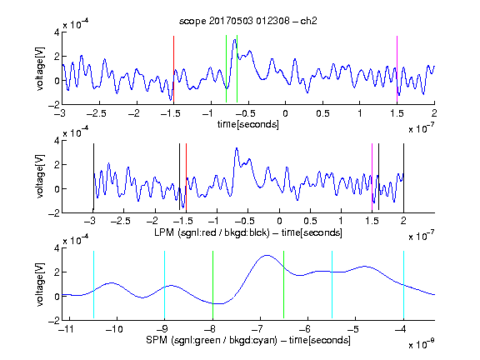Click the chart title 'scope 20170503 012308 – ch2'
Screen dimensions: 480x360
[x=248, y=21]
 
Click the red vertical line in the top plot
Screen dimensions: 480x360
[x=173, y=69]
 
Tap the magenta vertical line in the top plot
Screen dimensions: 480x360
[x=397, y=69]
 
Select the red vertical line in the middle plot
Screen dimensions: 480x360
[x=186, y=177]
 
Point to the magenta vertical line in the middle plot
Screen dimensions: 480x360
[x=372, y=177]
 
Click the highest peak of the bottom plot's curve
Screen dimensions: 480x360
[x=267, y=255]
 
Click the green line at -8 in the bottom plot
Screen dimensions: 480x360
[x=212, y=285]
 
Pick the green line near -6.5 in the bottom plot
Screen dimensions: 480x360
[x=284, y=285]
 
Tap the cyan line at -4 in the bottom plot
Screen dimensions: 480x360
[x=403, y=285]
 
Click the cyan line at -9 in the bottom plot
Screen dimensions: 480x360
[x=164, y=285]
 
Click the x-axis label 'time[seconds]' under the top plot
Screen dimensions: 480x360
[x=248, y=124]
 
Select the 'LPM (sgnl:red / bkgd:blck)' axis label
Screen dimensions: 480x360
[x=212, y=232]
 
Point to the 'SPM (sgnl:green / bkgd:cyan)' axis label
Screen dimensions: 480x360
[x=212, y=340]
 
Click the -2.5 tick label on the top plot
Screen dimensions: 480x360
[x=96, y=113]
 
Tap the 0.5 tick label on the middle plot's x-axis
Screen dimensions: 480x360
[x=310, y=221]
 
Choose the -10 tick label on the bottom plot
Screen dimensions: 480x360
[x=114, y=329]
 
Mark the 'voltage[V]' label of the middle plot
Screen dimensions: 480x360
[x=40, y=177]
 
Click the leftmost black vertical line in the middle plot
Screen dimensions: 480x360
[x=93, y=177]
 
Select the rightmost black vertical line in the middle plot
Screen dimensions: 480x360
[x=403, y=177]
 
